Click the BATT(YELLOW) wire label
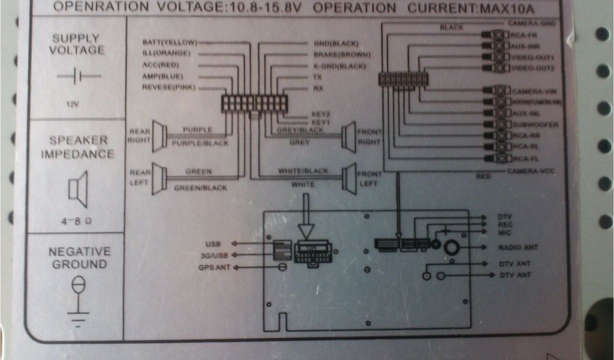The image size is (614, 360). pos(169,43)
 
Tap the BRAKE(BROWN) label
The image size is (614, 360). pos(341,55)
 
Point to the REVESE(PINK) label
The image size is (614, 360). pos(168,88)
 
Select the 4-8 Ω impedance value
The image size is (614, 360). pos(76,221)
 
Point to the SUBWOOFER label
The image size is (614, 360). pos(535,125)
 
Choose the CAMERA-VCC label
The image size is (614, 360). pos(530,172)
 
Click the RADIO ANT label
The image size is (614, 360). pos(519,247)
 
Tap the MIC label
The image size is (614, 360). pos(504,232)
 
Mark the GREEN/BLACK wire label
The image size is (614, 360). pos(200,188)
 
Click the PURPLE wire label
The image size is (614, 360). pos(197,130)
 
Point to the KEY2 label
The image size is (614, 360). pos(321,113)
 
